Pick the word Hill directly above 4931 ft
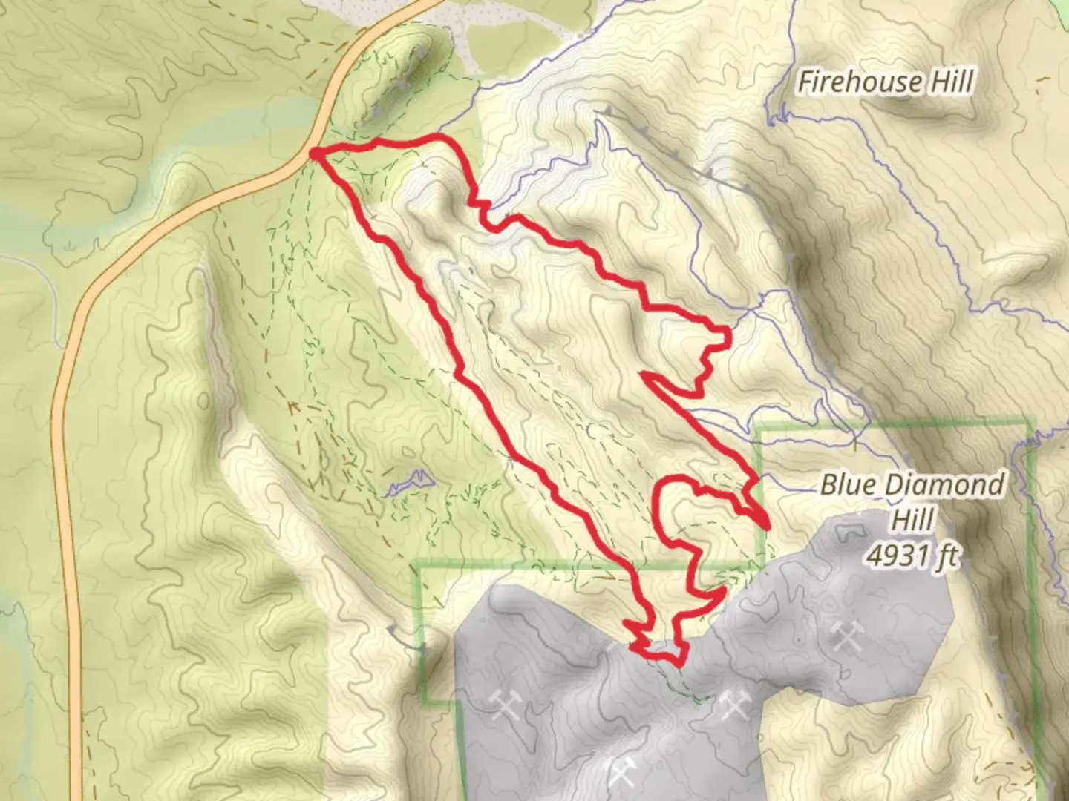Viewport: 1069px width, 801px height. click(913, 519)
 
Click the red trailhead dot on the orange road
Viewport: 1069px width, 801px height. click(315, 154)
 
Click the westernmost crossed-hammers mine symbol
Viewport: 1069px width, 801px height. click(505, 702)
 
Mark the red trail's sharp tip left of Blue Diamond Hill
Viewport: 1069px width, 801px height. click(766, 526)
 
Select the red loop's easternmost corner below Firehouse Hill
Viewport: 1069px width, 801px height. click(729, 336)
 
